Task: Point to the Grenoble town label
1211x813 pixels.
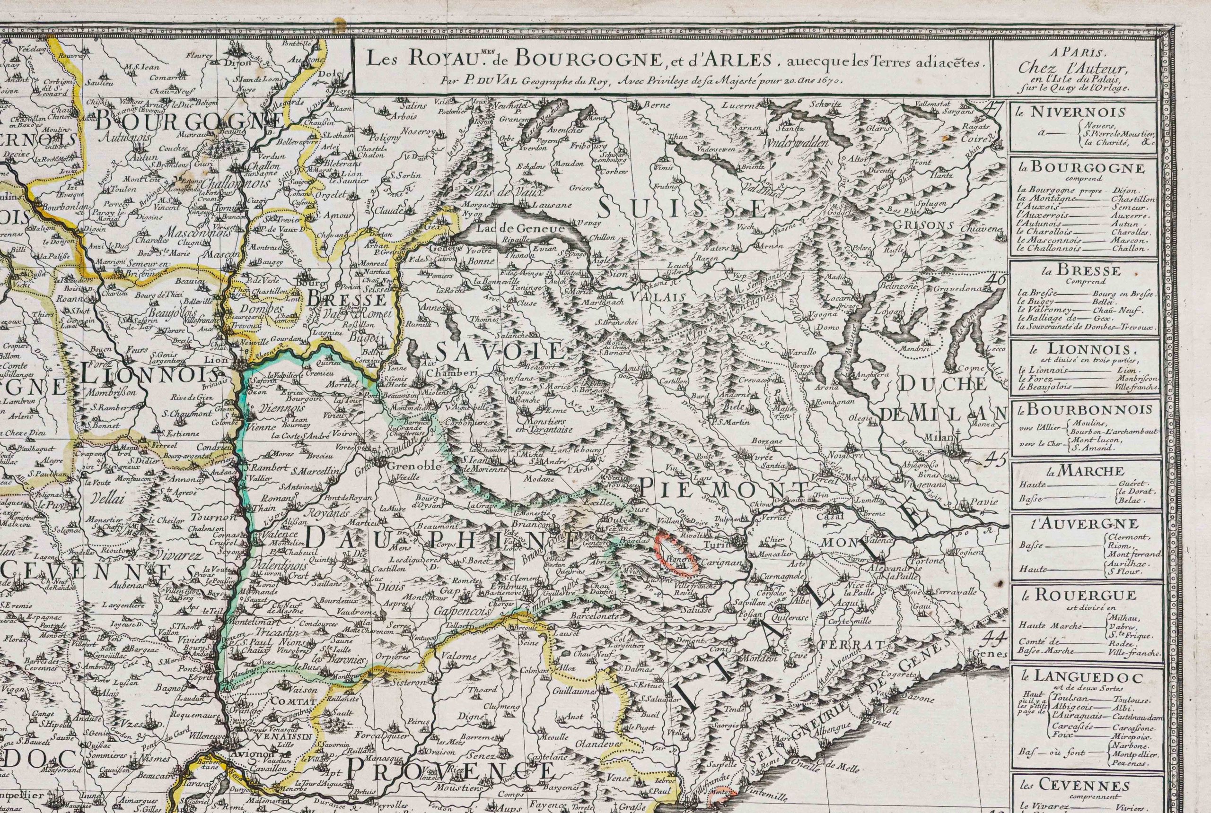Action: coord(413,466)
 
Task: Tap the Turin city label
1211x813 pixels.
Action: coord(718,545)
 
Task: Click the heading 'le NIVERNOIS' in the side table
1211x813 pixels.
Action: coord(1062,112)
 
